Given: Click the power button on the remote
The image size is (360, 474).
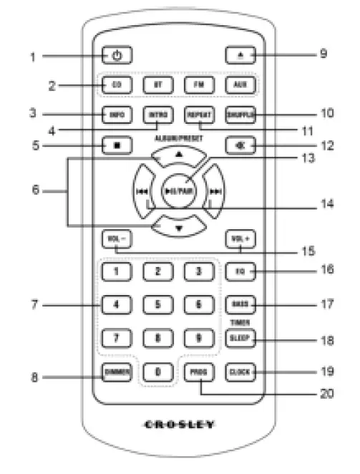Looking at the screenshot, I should point(118,54).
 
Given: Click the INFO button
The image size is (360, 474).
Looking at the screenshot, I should point(117,115).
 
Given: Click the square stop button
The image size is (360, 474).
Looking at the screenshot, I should point(117,145).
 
